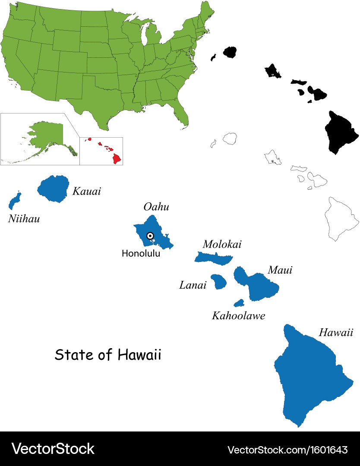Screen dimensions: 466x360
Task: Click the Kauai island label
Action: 86,191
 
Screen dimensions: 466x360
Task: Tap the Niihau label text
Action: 24,219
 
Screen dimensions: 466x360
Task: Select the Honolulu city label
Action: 141,254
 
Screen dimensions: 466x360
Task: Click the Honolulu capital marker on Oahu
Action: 150,236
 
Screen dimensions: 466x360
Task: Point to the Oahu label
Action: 156,207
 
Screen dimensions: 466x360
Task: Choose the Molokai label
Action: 222,245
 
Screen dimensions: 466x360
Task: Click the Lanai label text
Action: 193,285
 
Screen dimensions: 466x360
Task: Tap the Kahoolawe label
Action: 238,316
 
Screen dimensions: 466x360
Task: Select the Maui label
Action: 280,270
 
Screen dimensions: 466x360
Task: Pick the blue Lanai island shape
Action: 218,282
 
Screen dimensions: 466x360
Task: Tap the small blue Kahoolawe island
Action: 239,303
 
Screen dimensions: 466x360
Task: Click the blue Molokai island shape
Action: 213,258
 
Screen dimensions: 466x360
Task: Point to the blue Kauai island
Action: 54,189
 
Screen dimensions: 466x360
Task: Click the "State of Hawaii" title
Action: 108,355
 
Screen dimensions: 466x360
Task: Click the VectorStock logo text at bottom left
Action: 53,449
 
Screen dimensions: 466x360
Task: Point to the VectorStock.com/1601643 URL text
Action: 287,450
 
